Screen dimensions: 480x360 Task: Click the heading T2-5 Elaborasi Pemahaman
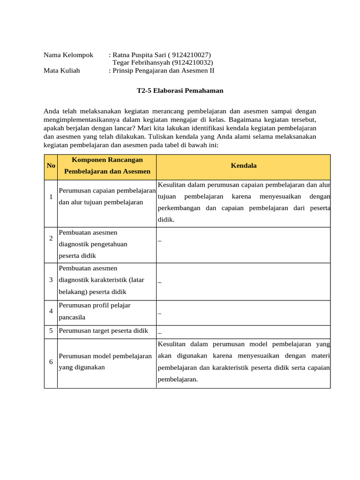click(x=180, y=91)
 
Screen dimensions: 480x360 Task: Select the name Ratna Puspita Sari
click(x=140, y=55)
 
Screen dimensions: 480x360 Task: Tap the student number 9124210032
click(x=192, y=62)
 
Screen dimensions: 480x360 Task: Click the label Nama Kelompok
click(x=68, y=55)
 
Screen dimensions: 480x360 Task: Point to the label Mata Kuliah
click(x=62, y=71)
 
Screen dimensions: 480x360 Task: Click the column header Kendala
click(x=243, y=166)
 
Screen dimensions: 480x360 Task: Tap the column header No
click(x=51, y=166)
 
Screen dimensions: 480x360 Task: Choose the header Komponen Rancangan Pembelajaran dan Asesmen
click(x=107, y=166)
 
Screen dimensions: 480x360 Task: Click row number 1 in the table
click(x=51, y=196)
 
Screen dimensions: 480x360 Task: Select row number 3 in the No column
click(x=51, y=280)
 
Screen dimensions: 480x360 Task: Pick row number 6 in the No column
click(x=51, y=362)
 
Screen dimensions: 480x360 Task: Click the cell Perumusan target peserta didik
click(x=104, y=331)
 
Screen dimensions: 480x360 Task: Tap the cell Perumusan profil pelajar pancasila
click(x=95, y=311)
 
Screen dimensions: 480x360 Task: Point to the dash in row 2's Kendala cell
click(x=160, y=240)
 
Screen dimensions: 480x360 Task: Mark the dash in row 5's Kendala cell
click(x=160, y=331)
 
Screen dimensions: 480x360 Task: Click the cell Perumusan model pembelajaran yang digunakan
click(x=105, y=362)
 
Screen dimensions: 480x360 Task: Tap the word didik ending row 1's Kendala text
click(x=165, y=219)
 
